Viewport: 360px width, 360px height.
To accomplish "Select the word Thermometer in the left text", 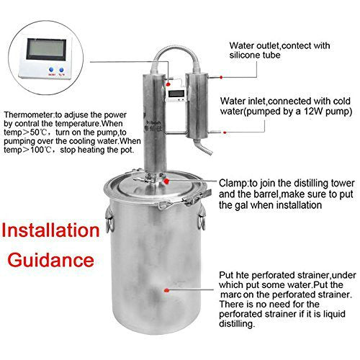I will [30, 114].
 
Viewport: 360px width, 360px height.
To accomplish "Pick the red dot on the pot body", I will [166, 287].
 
